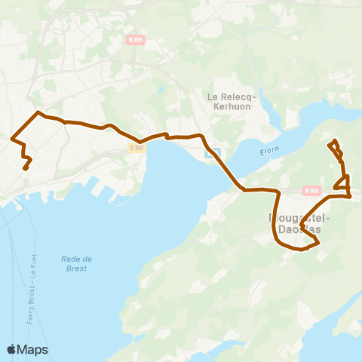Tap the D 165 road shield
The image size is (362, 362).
click(137, 148)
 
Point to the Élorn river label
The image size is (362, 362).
click(270, 151)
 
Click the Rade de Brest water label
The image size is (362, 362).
click(76, 263)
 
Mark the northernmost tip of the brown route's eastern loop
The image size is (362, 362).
click(333, 141)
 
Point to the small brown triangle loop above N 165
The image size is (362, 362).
click(343, 182)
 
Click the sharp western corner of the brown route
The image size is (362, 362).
click(12, 138)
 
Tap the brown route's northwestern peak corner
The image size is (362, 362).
click(38, 112)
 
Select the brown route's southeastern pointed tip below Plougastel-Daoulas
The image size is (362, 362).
click(318, 242)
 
